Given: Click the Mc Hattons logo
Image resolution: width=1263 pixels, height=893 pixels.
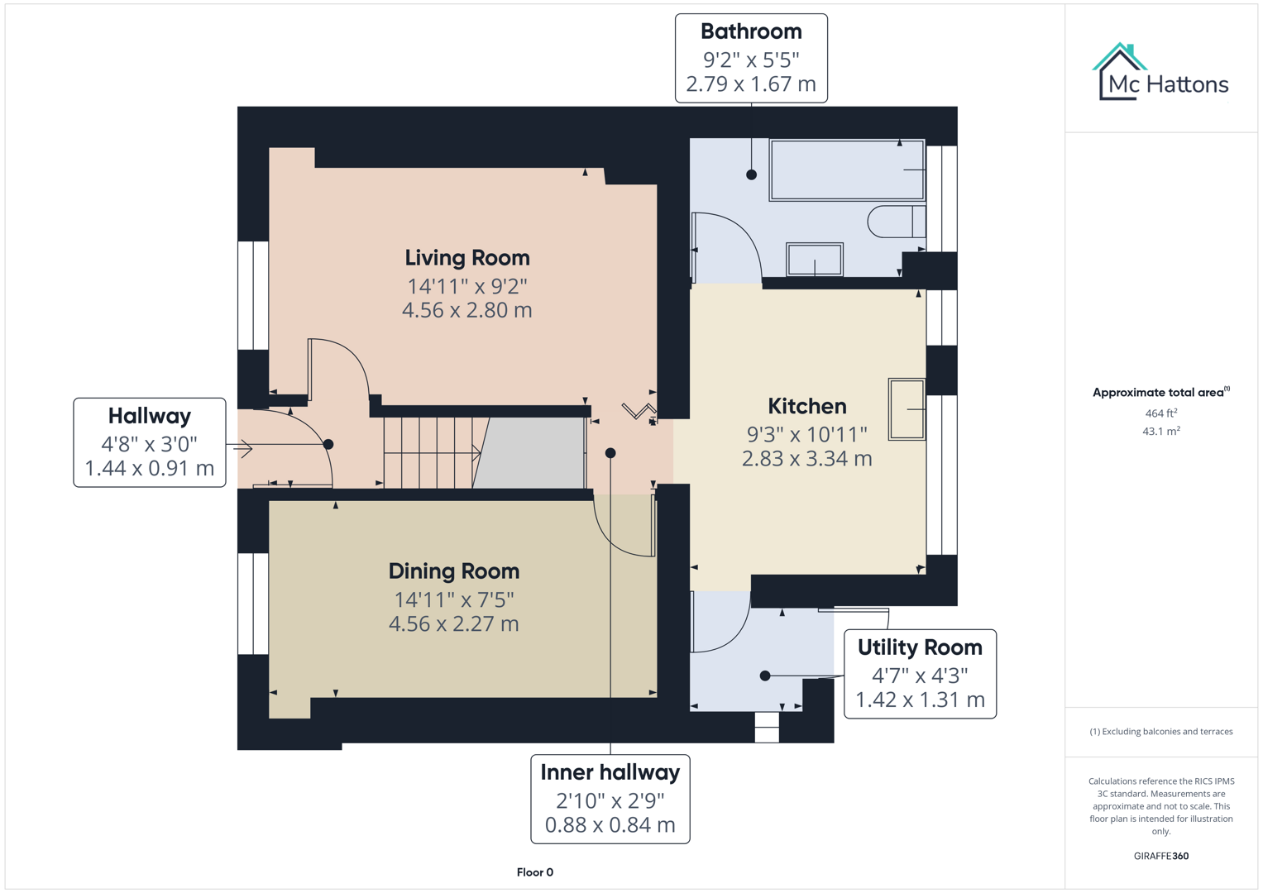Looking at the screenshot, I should coord(1160,74).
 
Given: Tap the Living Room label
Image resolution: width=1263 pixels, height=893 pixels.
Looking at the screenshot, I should coord(466,258).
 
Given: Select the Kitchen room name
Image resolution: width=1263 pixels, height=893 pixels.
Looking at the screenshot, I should coord(806,406).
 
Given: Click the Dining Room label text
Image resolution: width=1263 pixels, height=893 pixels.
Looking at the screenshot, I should coord(453,571).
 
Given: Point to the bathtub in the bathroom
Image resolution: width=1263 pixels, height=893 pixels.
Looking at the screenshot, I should coord(846,170).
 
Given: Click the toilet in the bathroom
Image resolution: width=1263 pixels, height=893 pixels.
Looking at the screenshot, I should coord(896,222).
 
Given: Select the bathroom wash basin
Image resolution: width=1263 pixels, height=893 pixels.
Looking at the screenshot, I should coord(815,260).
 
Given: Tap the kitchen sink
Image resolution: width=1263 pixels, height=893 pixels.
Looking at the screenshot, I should coord(907,408).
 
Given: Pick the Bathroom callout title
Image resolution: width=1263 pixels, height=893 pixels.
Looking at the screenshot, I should coord(751,31).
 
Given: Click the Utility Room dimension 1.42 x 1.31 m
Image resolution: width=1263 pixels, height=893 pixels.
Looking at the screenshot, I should coord(920,700).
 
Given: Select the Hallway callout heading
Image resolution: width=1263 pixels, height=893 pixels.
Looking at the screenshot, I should coord(150,416).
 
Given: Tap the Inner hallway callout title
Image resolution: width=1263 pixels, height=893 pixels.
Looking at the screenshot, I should coord(610,772).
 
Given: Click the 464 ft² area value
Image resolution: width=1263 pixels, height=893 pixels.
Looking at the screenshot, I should coord(1160,413).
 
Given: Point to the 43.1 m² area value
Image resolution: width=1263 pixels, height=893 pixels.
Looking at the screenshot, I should coord(1160,431).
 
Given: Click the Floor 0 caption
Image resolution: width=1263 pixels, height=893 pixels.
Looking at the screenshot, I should coord(534,872).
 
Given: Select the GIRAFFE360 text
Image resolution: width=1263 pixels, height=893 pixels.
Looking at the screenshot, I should coord(1160,856).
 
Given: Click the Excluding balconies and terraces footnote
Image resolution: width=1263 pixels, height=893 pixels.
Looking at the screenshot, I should coord(1160,732).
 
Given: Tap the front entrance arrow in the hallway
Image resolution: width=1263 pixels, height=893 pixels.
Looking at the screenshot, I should coord(243,449).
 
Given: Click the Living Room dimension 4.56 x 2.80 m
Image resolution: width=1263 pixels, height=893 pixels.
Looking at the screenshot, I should coord(466,311).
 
